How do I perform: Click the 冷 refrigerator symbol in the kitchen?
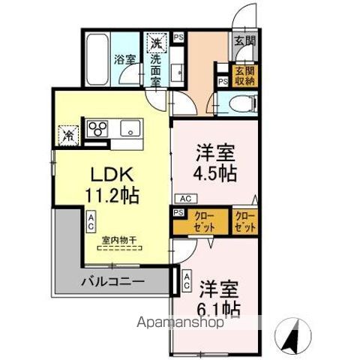[x=68, y=136]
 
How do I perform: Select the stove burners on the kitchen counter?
[x=97, y=129]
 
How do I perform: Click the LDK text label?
[x=111, y=174]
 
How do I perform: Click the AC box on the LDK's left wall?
[x=90, y=220]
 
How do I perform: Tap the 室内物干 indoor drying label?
[x=120, y=240]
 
